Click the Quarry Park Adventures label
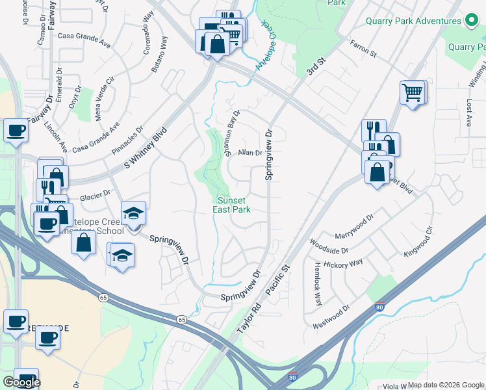(413, 21)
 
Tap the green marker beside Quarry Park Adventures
(472, 21)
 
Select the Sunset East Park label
(232, 205)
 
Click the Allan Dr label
(249, 153)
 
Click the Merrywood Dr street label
(355, 227)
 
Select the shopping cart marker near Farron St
(412, 92)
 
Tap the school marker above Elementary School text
(133, 213)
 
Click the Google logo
(21, 382)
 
